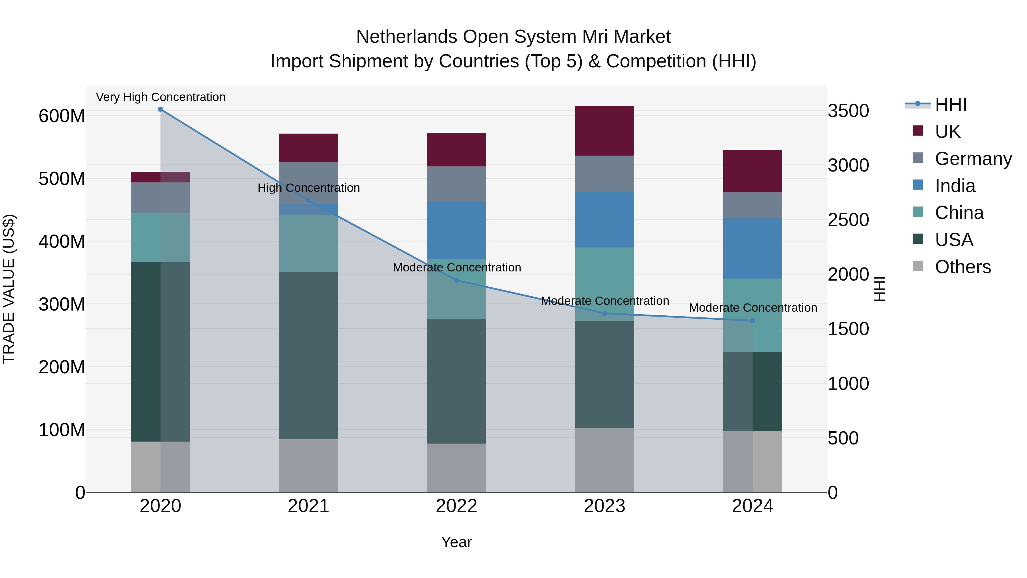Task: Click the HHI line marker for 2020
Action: (x=160, y=109)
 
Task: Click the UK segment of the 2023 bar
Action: (x=605, y=131)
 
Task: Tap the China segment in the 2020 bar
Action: (x=160, y=237)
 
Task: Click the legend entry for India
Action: (x=955, y=186)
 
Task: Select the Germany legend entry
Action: (x=973, y=159)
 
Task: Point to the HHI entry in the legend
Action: (x=951, y=104)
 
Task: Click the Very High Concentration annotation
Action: (x=161, y=97)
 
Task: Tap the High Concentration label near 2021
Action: (x=309, y=188)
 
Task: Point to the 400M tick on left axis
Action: (x=62, y=241)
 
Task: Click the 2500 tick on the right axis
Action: (x=848, y=220)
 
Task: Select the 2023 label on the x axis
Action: (x=605, y=506)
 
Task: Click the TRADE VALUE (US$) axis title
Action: (x=9, y=289)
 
